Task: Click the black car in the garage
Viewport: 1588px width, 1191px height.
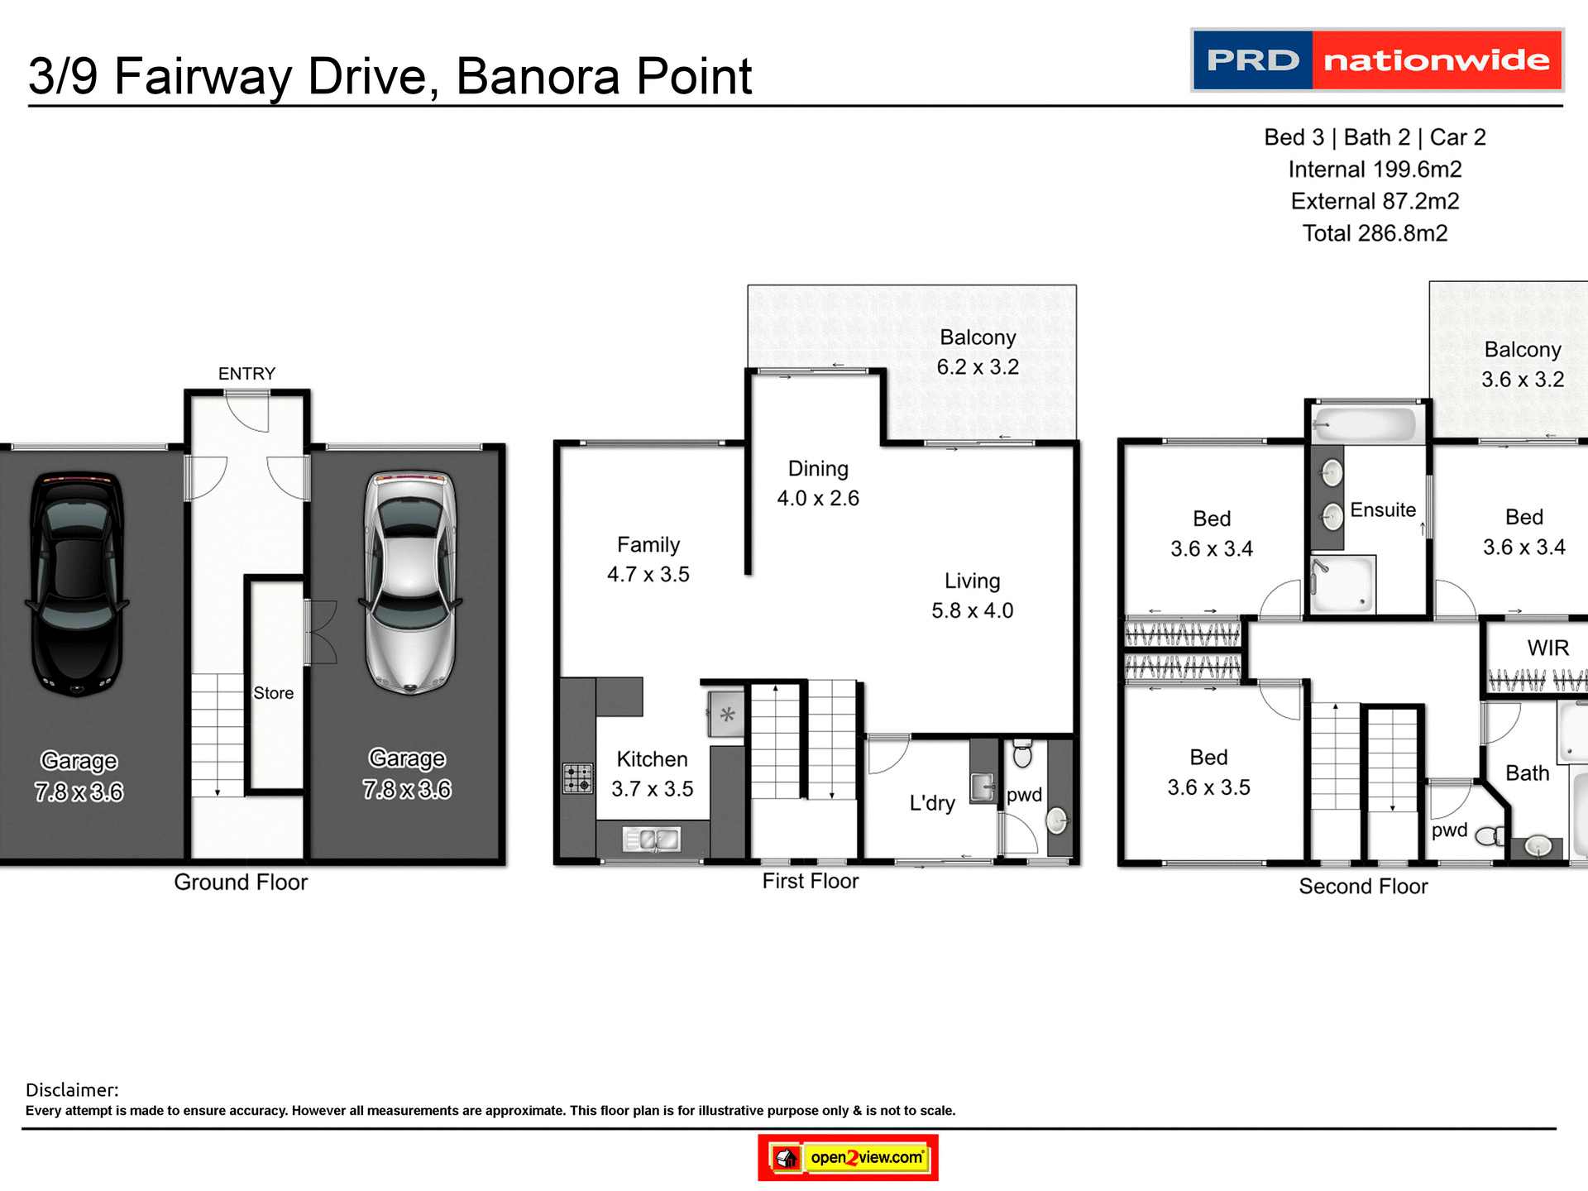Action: click(77, 583)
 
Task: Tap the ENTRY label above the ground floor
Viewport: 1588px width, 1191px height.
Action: click(246, 374)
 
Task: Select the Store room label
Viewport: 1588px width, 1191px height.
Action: click(273, 693)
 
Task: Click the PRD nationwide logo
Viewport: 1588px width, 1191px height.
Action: click(1376, 60)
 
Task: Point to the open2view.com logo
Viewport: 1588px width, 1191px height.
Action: click(849, 1157)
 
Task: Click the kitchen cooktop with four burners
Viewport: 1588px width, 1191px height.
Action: click(578, 778)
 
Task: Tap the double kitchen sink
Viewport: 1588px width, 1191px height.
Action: click(652, 839)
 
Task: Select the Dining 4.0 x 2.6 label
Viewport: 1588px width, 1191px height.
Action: click(818, 483)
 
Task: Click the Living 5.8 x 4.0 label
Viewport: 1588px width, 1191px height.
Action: click(972, 595)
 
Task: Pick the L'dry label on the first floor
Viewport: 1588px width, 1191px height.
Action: click(932, 803)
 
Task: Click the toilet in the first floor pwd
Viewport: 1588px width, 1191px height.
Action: click(1022, 753)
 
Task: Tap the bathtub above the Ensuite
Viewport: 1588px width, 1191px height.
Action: click(1365, 424)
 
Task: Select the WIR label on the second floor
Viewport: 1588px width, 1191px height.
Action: click(1547, 648)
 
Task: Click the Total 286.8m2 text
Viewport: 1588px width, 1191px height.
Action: click(1375, 233)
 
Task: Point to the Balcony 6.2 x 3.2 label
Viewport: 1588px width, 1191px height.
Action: click(978, 352)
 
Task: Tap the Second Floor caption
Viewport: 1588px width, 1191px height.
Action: click(1363, 887)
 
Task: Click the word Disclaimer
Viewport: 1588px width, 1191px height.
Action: click(72, 1090)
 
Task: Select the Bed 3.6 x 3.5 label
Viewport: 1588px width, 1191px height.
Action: click(1208, 772)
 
